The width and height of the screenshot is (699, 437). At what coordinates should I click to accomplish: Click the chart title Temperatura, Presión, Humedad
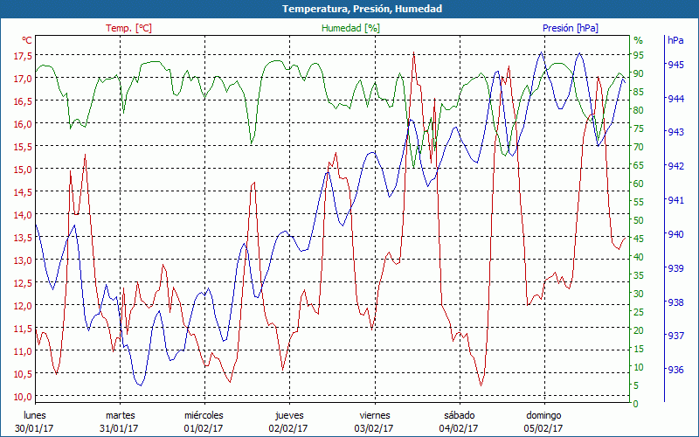click(x=349, y=9)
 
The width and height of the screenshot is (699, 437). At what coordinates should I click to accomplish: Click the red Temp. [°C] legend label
click(x=128, y=28)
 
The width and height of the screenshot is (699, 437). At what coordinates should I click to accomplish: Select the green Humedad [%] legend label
click(x=350, y=28)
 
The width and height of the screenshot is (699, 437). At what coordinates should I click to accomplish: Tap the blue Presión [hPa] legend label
click(x=570, y=28)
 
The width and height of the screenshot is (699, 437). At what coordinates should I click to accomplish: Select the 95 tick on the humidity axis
click(x=639, y=55)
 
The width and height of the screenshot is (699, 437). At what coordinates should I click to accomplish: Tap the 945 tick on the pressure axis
click(x=675, y=65)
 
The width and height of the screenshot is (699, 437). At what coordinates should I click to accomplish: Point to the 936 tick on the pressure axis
click(x=675, y=370)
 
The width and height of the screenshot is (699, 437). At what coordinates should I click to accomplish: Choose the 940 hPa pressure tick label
click(x=675, y=234)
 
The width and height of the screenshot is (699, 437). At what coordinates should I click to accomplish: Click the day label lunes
click(x=35, y=415)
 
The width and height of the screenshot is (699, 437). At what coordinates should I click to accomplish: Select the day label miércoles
click(x=204, y=415)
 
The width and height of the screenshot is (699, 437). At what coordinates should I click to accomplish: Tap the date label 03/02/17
click(x=374, y=428)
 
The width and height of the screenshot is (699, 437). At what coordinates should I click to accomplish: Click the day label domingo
click(x=543, y=415)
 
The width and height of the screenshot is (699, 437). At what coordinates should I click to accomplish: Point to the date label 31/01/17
click(x=119, y=428)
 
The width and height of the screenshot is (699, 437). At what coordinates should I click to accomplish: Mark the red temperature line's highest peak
click(x=413, y=53)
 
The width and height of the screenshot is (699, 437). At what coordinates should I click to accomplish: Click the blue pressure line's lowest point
click(x=139, y=385)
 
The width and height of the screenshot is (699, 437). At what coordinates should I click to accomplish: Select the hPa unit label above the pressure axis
click(x=675, y=40)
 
